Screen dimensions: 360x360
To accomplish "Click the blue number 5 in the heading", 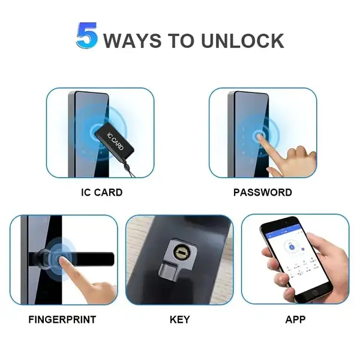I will [x=88, y=37].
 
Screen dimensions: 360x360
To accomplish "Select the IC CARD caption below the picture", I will [x=101, y=193].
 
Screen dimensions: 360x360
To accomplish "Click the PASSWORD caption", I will [x=262, y=193].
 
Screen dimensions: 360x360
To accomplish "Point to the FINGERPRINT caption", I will [x=62, y=319].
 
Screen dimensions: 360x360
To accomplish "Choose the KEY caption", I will [x=179, y=319].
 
